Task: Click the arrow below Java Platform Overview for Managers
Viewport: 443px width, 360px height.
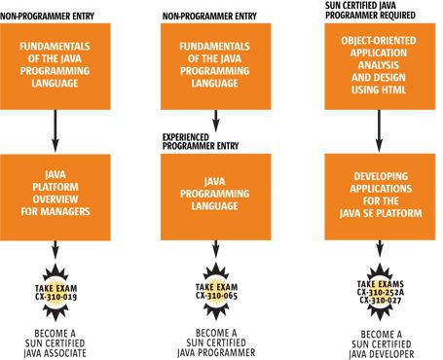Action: (x=55, y=244)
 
